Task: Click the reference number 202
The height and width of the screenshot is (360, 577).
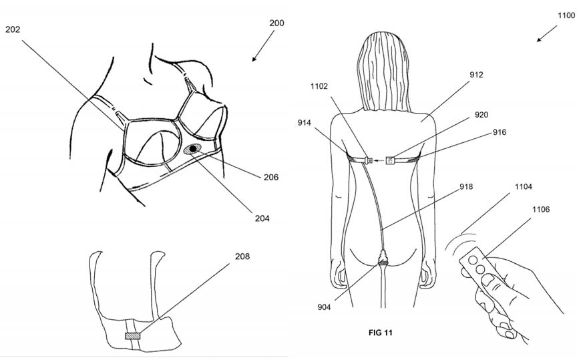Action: [13, 29]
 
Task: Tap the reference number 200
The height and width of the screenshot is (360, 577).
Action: [276, 23]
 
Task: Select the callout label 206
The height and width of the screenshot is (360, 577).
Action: [271, 177]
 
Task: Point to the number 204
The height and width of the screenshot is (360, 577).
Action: [262, 218]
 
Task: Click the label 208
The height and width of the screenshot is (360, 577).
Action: [242, 256]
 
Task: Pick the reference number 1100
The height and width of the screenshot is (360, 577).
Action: [566, 15]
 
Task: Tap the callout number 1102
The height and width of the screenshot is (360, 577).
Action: [319, 86]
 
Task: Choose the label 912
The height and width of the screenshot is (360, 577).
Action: [476, 75]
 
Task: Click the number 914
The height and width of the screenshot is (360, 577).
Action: [305, 123]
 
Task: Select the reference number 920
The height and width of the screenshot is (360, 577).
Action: [482, 115]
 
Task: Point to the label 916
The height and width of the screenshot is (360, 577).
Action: [500, 132]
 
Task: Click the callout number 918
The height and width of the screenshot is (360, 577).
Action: [466, 186]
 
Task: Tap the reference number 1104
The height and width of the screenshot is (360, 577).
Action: [524, 186]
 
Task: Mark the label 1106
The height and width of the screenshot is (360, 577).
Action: [541, 210]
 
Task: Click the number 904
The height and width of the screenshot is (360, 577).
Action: [324, 307]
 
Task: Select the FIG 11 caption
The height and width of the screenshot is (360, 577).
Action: [381, 333]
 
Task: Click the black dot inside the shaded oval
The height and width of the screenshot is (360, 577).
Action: [193, 149]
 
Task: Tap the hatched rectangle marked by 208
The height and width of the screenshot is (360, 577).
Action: [132, 336]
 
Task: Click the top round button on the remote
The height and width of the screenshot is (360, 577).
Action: [473, 260]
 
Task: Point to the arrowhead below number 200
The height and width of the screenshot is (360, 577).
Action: [254, 59]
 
